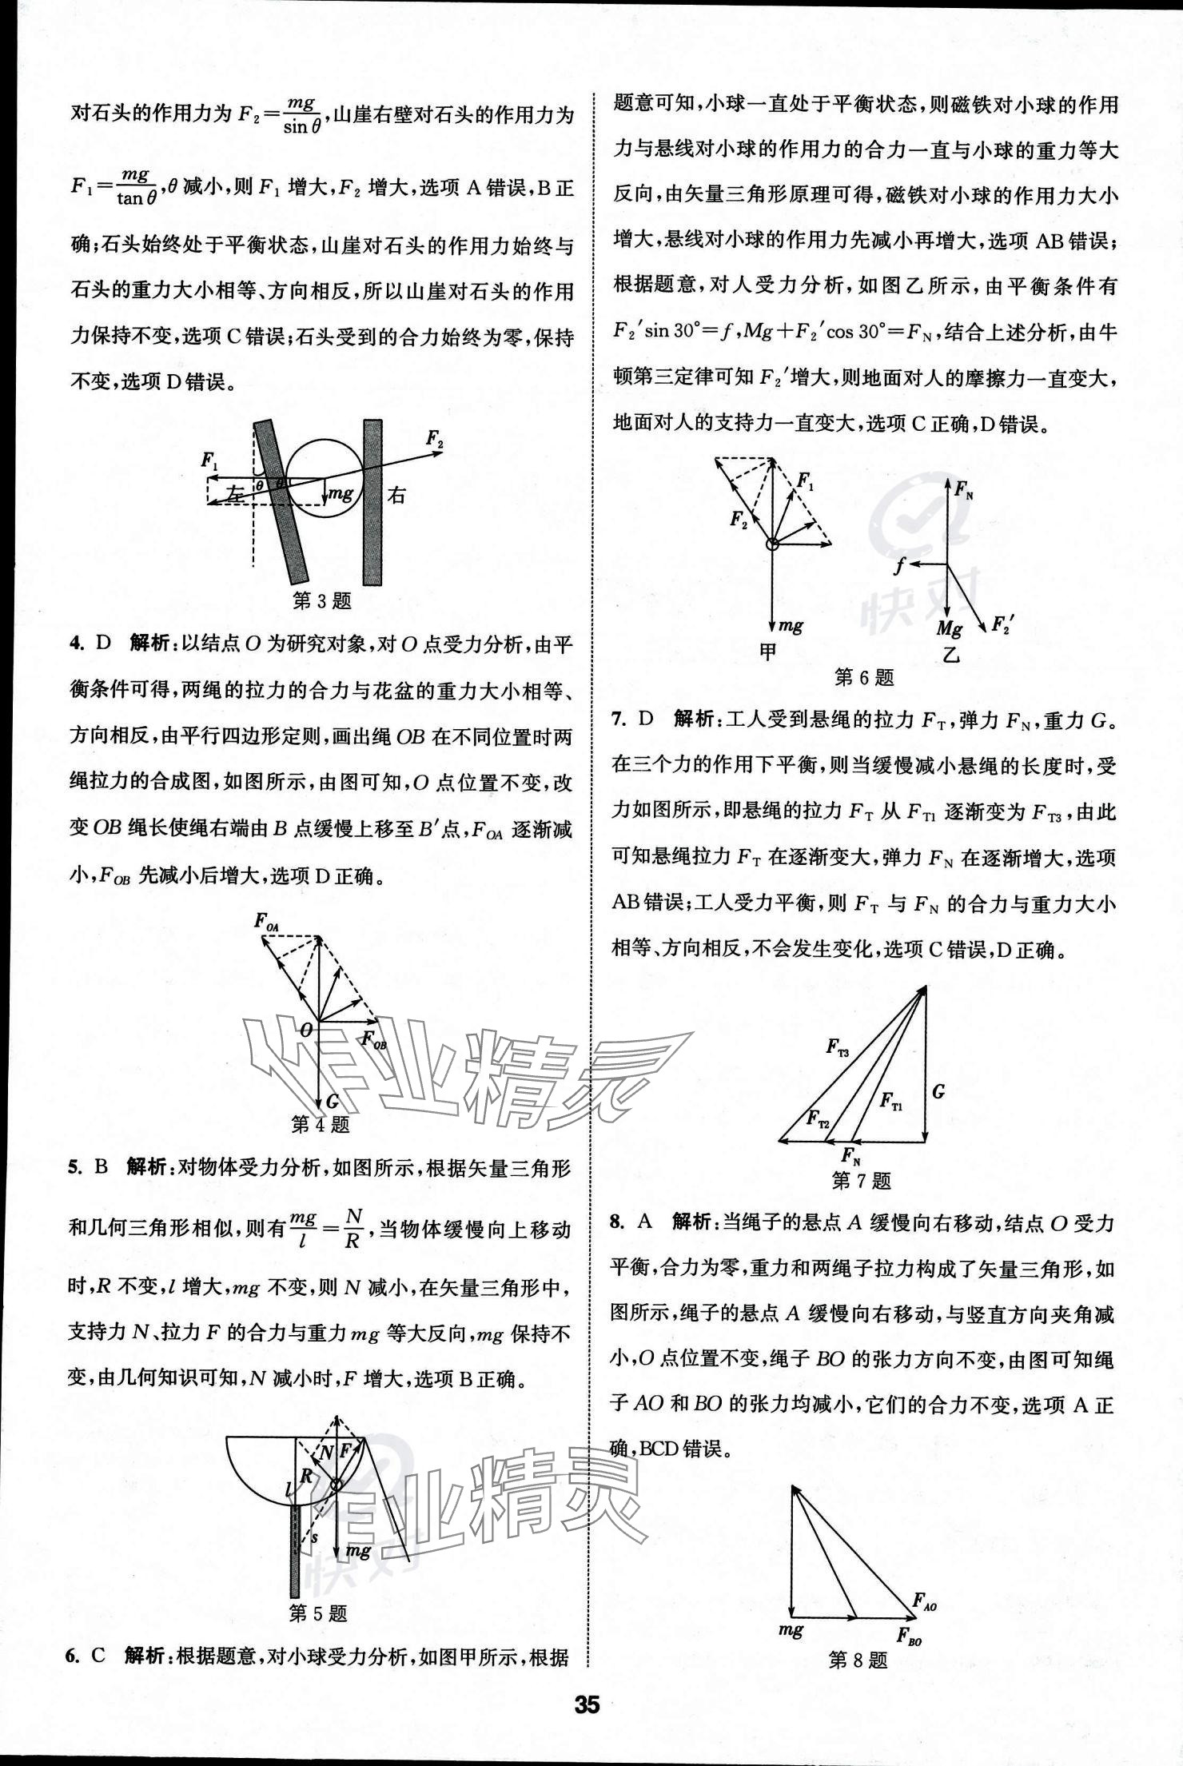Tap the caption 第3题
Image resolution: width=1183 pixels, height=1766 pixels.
pyautogui.click(x=322, y=600)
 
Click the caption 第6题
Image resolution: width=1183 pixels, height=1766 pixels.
pyautogui.click(x=864, y=678)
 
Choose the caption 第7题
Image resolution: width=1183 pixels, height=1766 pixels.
pyautogui.click(x=861, y=1180)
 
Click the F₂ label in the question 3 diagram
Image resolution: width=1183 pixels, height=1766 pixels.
pyautogui.click(x=435, y=438)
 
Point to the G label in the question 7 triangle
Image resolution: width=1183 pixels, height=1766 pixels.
pyautogui.click(x=938, y=1090)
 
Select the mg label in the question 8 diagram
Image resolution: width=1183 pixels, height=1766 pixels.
pyautogui.click(x=791, y=1628)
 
